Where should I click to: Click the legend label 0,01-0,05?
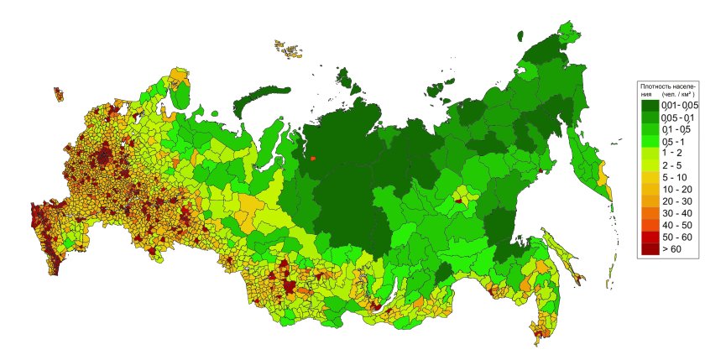tap(680, 106)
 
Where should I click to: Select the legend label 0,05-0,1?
tap(678, 118)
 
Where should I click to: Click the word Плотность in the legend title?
tap(654, 86)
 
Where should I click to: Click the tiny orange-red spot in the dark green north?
tap(313, 157)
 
